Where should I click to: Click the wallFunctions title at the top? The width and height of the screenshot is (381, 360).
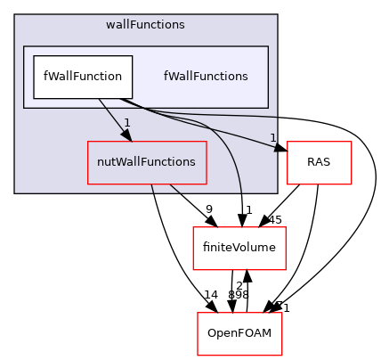coord(145,25)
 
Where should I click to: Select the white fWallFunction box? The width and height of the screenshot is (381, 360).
coord(83,77)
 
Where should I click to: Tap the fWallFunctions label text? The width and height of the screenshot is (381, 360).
coord(206,77)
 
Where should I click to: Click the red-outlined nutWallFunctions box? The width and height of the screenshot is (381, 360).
coord(146,162)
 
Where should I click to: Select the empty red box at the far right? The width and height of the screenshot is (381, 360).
coord(319,163)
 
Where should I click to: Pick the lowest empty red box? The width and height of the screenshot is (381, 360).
coord(239,334)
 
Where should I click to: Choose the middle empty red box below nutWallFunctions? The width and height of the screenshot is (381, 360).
coord(239,249)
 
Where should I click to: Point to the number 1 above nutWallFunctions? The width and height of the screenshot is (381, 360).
coord(126,123)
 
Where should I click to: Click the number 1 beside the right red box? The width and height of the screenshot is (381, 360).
coord(273,137)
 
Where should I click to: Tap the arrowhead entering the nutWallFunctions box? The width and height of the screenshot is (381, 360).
coord(126,135)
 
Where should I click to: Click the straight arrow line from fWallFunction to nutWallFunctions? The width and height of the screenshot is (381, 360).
coord(111,116)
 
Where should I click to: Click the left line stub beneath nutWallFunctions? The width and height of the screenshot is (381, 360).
coord(152,188)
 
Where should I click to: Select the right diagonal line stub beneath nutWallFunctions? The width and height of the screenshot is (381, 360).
coord(175,189)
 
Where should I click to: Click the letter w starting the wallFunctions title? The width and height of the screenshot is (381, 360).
coord(109,25)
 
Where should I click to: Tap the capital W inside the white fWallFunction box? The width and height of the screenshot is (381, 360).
coord(53,77)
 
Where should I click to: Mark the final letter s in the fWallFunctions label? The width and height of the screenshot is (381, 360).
coord(245,77)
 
